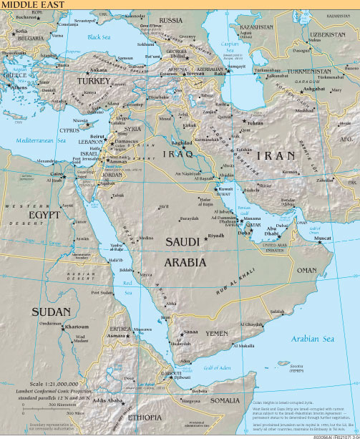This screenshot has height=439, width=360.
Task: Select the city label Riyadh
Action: (216, 235)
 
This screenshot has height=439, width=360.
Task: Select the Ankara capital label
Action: (99, 70)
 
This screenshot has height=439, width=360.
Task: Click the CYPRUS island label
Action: (69, 131)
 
